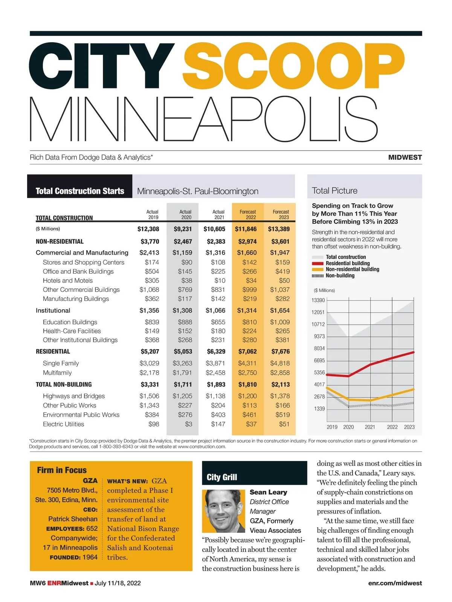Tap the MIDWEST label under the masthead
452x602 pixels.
(405, 157)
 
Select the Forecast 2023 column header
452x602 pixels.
(281, 214)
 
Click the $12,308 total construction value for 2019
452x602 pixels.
(148, 229)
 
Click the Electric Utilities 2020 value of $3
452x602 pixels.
(188, 424)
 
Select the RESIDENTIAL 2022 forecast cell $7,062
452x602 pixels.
(247, 351)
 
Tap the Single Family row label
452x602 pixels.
(61, 363)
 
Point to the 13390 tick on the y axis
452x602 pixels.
(318, 300)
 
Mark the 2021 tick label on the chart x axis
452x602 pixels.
(370, 427)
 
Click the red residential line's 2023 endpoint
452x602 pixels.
(414, 352)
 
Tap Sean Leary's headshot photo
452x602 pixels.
(224, 511)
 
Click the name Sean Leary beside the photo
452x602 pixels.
(268, 492)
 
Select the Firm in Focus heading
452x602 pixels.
(62, 470)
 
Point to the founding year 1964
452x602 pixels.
(90, 557)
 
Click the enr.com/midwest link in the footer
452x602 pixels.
(395, 583)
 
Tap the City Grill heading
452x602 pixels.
(222, 477)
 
